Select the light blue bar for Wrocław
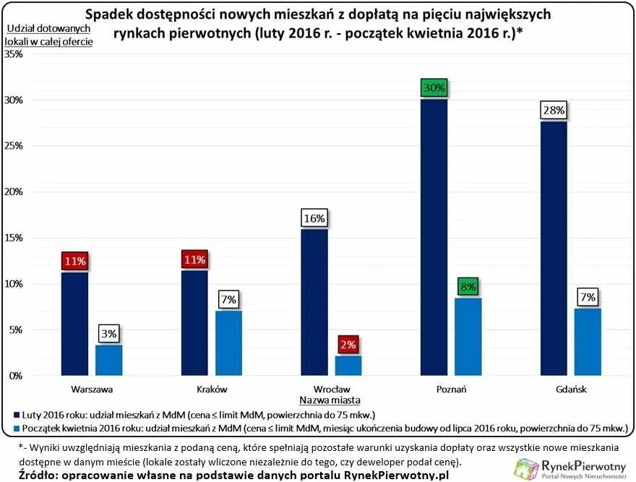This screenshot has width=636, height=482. point(348,366)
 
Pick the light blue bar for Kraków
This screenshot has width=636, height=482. point(228,343)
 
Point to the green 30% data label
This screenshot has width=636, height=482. point(434,88)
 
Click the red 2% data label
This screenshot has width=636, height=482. point(348,345)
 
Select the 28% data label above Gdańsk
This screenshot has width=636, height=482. point(553,111)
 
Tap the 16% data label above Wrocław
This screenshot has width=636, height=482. point(314,218)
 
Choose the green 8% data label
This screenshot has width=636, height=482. point(468,288)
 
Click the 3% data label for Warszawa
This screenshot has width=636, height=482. point(109,334)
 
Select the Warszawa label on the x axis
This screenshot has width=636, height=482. point(92,389)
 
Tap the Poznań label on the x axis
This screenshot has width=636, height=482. point(450,389)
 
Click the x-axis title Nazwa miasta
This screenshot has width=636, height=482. point(329,400)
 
